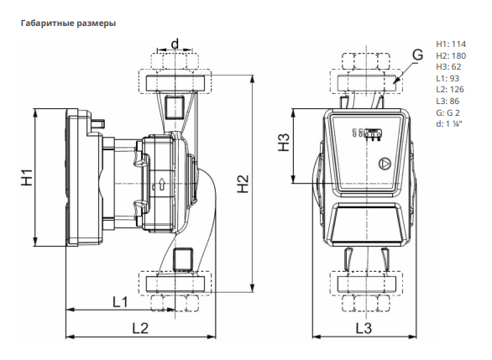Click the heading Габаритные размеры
point(68,23)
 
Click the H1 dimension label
point(28,177)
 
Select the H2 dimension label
point(243,184)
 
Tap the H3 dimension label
point(284,143)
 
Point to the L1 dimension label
point(121,302)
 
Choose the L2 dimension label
point(140,328)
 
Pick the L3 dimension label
point(364,328)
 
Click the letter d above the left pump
point(175,44)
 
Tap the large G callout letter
point(417,55)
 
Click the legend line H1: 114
point(451,44)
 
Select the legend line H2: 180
point(451,56)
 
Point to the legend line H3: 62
point(448,67)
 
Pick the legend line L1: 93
point(448,78)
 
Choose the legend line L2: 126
point(450,90)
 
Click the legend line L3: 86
point(448,101)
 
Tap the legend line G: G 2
point(448,112)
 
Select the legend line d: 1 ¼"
point(449,124)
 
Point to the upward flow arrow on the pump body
point(162,185)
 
